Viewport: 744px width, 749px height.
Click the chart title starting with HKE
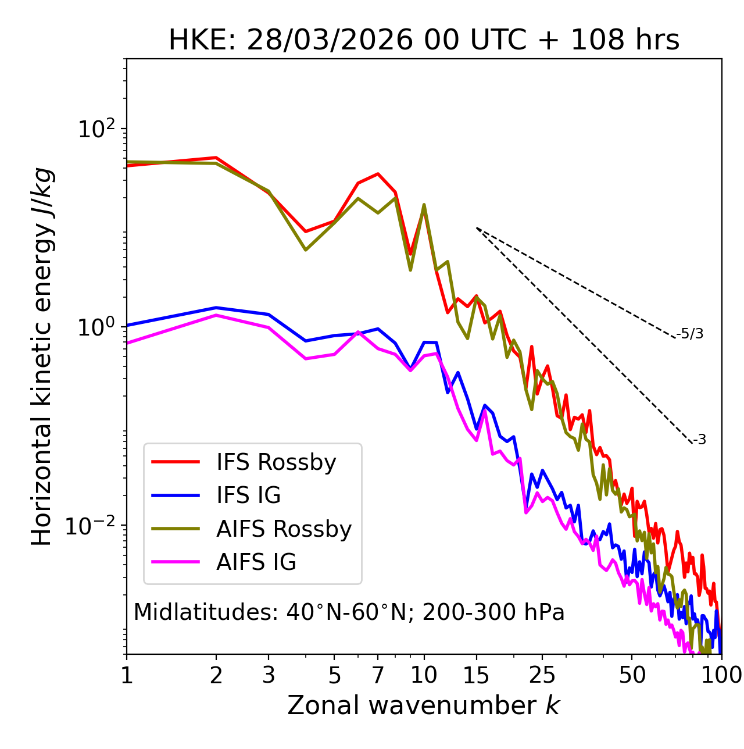(x=424, y=41)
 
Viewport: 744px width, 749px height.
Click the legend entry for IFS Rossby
(x=276, y=462)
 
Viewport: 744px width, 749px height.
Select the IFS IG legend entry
(x=248, y=495)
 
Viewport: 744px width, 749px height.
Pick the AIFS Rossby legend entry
(x=284, y=529)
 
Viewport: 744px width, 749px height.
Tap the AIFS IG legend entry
(x=256, y=562)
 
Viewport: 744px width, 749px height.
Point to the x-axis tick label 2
(x=216, y=675)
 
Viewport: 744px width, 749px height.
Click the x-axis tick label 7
(x=378, y=675)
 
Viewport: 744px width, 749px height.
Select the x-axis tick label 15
(x=476, y=675)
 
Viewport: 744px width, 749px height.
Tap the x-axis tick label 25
(x=542, y=675)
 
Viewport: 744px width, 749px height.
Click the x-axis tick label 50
(x=632, y=675)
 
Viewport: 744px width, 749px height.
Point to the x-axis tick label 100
(x=721, y=675)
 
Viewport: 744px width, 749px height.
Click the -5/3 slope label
(x=691, y=334)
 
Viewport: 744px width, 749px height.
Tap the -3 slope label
(x=699, y=440)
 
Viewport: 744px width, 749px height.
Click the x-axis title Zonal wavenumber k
(x=424, y=705)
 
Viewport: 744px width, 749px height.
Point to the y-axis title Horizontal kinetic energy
(x=42, y=356)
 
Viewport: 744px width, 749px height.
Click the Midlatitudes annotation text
(x=349, y=612)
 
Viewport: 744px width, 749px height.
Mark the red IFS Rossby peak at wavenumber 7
(x=378, y=174)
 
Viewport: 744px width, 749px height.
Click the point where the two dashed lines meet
(x=477, y=228)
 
